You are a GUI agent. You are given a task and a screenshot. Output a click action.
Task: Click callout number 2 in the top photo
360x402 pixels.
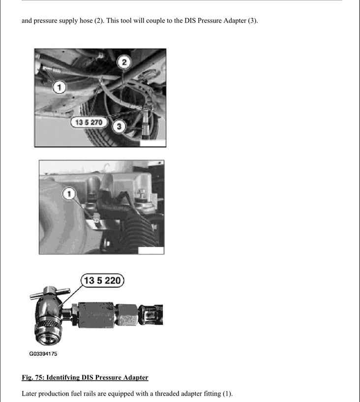point(124,62)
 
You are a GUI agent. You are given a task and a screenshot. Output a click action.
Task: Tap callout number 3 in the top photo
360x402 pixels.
point(119,126)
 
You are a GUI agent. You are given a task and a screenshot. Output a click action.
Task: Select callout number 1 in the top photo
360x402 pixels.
point(60,87)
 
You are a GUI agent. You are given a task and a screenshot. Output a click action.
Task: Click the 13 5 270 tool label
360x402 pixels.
point(89,122)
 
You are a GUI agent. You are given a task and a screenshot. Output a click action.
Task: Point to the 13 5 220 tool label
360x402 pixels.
point(102,280)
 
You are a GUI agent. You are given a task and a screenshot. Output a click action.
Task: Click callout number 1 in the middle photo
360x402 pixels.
point(69,194)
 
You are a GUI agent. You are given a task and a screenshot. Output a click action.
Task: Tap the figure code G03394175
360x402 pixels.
point(43,354)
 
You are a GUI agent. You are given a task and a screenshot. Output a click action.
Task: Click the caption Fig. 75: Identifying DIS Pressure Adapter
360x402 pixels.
point(85,377)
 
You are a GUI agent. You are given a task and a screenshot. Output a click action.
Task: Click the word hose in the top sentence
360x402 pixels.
point(86,21)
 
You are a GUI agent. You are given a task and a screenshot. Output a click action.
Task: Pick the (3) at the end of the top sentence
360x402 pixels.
point(253,21)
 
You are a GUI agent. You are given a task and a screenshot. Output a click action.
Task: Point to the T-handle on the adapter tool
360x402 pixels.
point(50,293)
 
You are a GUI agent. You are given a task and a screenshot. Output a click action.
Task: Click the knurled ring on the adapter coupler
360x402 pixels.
point(48,324)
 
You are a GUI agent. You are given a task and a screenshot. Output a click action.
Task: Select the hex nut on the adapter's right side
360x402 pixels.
point(127,314)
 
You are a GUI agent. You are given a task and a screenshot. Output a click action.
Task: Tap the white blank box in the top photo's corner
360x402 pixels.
point(153,143)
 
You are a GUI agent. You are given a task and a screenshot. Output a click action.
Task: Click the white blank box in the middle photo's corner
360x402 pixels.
point(151,250)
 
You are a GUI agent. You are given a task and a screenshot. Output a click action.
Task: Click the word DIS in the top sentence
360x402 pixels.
point(190,21)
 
